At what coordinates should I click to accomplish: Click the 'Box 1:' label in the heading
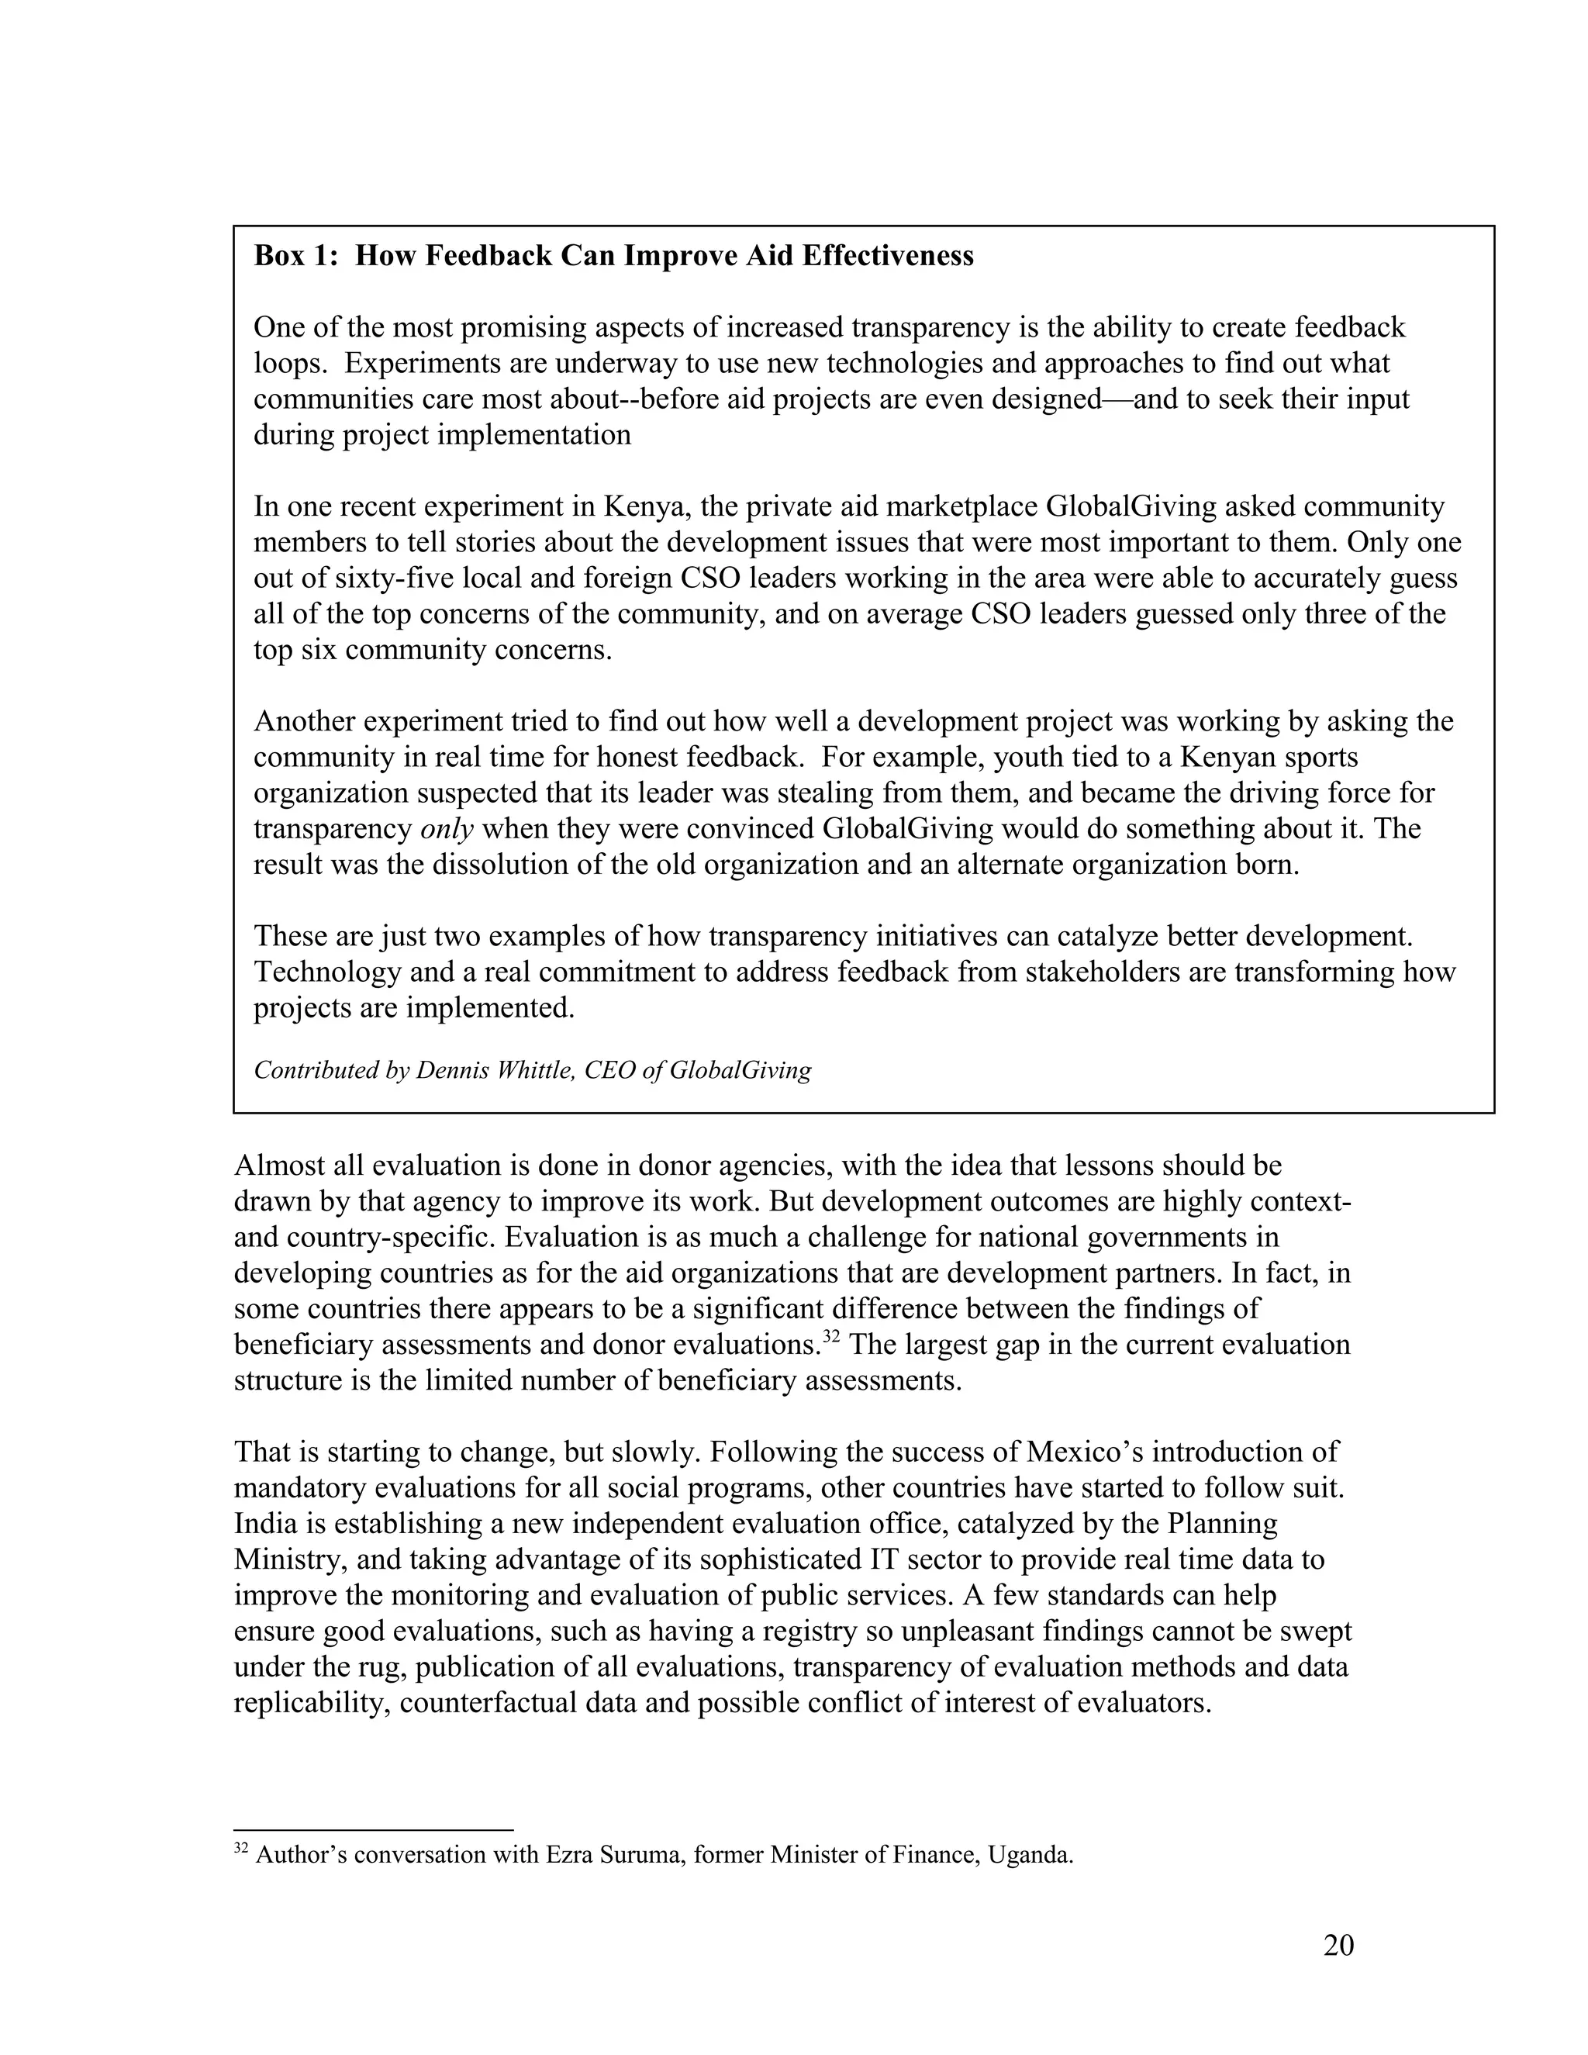coord(295,256)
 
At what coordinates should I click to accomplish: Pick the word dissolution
coord(504,865)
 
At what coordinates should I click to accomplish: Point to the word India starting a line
coord(264,1523)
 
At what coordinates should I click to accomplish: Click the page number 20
coord(1338,1946)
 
